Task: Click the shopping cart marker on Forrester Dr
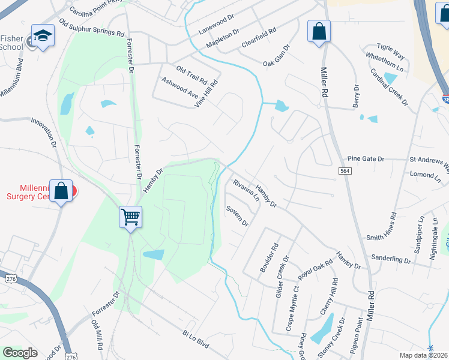[130, 217]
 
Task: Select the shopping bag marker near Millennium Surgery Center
[61, 191]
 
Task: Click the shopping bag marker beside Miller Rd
[319, 31]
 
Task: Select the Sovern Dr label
[237, 216]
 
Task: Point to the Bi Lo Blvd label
[196, 340]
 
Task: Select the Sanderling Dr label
[391, 261]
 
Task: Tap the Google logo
[20, 353]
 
